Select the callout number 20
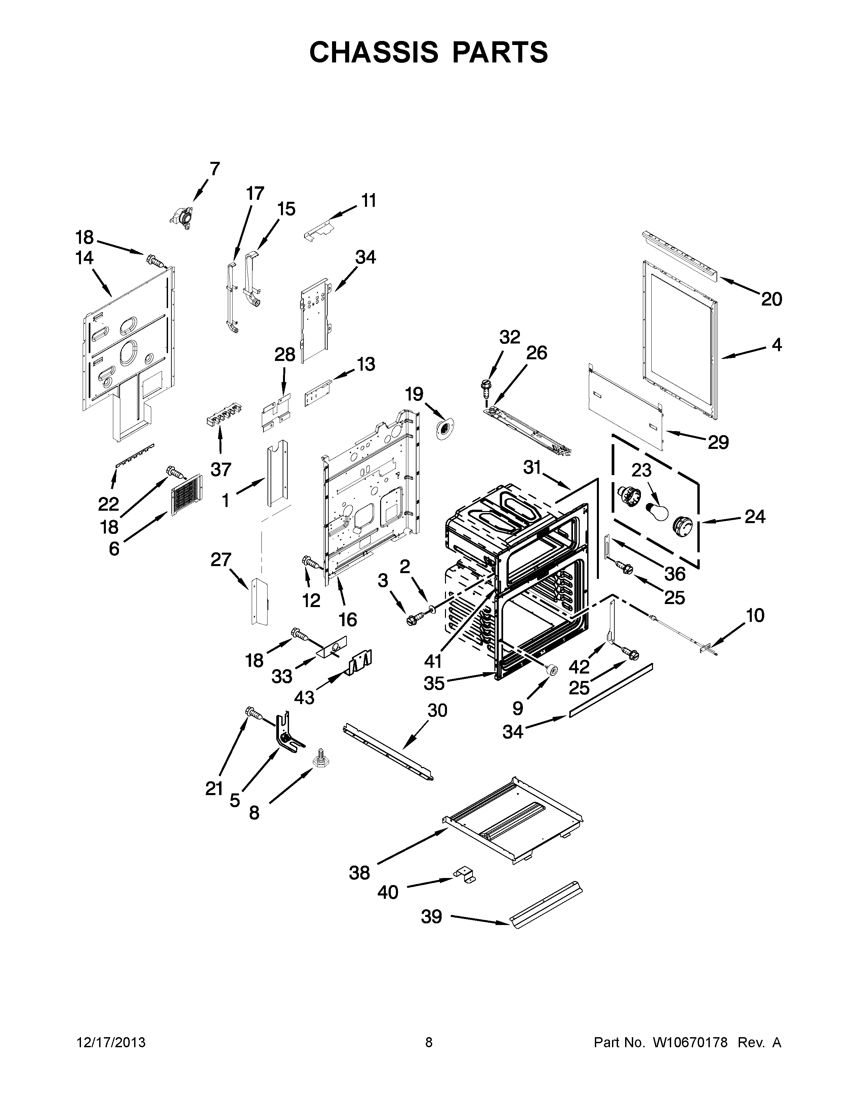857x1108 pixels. [x=771, y=299]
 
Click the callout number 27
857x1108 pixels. [x=221, y=560]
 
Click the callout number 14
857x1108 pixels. [x=84, y=258]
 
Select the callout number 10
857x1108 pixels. [x=755, y=615]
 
